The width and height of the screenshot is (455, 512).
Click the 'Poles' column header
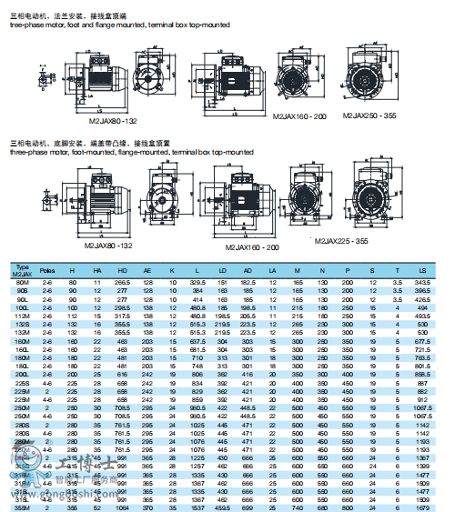[x=48, y=271]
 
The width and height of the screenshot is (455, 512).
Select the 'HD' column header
[x=122, y=271]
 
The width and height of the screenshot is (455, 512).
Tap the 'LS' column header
[x=421, y=271]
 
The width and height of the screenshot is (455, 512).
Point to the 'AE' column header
[x=147, y=271]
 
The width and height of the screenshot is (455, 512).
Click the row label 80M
[x=22, y=284]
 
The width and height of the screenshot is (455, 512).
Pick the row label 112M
[x=22, y=316]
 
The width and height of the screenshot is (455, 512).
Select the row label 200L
[x=22, y=373]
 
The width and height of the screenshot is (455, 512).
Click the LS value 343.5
[x=421, y=284]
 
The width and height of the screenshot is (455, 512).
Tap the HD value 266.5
[x=122, y=284]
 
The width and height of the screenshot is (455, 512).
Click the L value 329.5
[x=197, y=284]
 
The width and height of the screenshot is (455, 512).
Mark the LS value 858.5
[x=421, y=373]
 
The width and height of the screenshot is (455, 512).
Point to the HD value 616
[x=122, y=373]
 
